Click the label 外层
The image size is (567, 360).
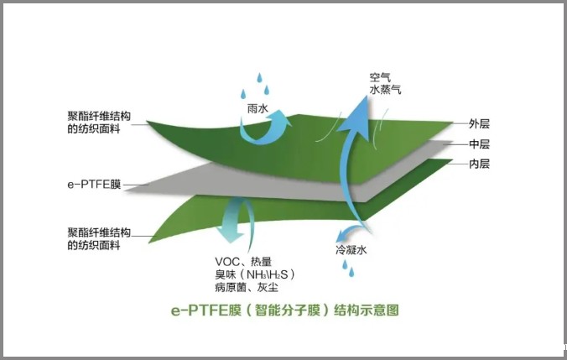pyautogui.click(x=479, y=123)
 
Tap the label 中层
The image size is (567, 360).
pyautogui.click(x=479, y=144)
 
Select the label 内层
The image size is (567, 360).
pyautogui.click(x=479, y=164)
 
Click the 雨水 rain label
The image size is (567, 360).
pyautogui.click(x=257, y=108)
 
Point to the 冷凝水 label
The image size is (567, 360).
pyautogui.click(x=351, y=249)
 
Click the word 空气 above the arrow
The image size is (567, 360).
pyautogui.click(x=380, y=77)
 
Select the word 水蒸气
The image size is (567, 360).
pyautogui.click(x=385, y=90)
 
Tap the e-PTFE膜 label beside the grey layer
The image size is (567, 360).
pyautogui.click(x=94, y=185)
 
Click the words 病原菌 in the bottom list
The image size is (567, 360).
pyautogui.click(x=231, y=288)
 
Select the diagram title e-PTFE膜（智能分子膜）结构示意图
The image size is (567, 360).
pyautogui.click(x=285, y=310)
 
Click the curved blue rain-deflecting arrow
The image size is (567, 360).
pyautogui.click(x=265, y=128)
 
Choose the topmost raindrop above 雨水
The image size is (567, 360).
pyautogui.click(x=259, y=77)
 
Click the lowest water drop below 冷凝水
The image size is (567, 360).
pyautogui.click(x=351, y=272)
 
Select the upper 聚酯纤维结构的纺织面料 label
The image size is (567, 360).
pyautogui.click(x=99, y=123)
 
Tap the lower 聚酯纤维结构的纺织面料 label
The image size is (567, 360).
pyautogui.click(x=99, y=239)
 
